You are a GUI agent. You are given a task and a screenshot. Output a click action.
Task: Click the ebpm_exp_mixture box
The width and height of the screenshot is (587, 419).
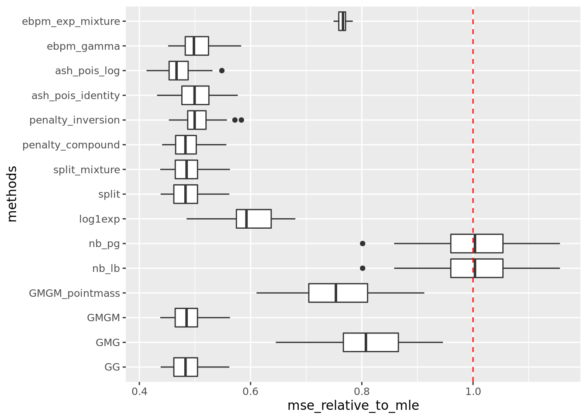click(x=342, y=21)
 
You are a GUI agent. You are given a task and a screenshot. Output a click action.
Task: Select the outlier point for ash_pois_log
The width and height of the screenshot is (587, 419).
click(x=221, y=71)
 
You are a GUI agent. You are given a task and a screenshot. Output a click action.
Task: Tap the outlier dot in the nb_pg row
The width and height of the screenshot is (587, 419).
click(x=362, y=244)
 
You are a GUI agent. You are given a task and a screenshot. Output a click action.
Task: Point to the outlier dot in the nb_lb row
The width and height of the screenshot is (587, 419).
click(x=362, y=268)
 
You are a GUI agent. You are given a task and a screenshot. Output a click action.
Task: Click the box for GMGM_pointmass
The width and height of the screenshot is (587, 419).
click(x=338, y=293)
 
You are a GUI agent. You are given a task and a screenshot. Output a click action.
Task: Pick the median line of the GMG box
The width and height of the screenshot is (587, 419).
click(x=366, y=342)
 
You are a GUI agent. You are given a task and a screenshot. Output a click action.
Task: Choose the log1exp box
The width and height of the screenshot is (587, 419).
click(x=253, y=219)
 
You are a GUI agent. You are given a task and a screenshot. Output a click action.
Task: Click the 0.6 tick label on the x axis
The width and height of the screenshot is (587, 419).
click(x=250, y=391)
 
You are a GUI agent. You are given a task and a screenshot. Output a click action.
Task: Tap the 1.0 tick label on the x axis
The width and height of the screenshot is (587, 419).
click(x=473, y=391)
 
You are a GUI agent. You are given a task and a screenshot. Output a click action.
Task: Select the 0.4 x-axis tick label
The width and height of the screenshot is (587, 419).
click(x=139, y=391)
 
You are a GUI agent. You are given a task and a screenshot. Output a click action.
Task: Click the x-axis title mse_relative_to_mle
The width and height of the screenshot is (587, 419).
click(x=353, y=406)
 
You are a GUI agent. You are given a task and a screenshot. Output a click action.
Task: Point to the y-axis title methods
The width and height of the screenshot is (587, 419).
click(x=12, y=194)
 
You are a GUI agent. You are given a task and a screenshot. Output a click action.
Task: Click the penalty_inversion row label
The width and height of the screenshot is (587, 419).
click(x=75, y=120)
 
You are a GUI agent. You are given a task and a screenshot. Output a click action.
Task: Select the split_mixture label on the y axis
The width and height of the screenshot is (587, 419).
click(x=86, y=170)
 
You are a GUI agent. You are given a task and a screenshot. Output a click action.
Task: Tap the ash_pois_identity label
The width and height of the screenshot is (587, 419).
click(x=76, y=96)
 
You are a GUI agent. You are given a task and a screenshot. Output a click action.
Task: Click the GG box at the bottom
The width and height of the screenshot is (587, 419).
click(x=185, y=367)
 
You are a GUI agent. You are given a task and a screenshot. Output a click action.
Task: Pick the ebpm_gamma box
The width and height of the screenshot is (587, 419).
click(x=197, y=46)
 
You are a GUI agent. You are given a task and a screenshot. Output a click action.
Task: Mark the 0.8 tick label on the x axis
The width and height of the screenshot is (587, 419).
click(x=362, y=391)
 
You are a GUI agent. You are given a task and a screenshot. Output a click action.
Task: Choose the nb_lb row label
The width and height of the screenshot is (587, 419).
click(x=106, y=268)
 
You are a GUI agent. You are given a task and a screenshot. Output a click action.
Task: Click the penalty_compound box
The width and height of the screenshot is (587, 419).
click(x=186, y=145)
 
